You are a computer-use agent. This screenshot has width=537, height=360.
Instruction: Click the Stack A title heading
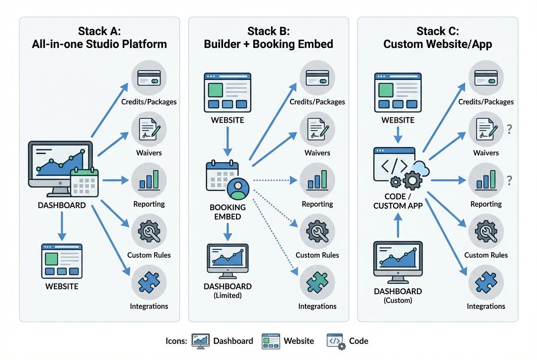pyautogui.click(x=99, y=37)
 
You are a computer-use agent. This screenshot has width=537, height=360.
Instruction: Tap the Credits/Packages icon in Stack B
pyautogui.click(x=317, y=78)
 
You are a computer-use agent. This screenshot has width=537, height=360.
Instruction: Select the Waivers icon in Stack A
pyautogui.click(x=149, y=129)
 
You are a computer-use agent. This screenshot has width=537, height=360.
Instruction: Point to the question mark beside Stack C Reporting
pyautogui.click(x=509, y=180)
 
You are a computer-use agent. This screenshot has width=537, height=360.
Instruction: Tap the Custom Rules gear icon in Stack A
pyautogui.click(x=149, y=232)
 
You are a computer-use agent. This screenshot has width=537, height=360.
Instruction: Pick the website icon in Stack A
pyautogui.click(x=62, y=261)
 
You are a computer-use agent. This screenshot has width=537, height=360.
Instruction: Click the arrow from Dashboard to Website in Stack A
pyautogui.click(x=62, y=225)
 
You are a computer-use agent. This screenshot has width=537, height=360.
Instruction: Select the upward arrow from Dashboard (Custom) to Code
pyautogui.click(x=398, y=225)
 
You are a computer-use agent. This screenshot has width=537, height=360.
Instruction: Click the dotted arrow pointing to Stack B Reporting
pyautogui.click(x=274, y=180)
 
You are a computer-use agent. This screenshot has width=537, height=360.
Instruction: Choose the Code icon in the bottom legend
pyautogui.click(x=335, y=340)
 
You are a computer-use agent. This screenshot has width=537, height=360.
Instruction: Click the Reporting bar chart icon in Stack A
pyautogui.click(x=149, y=180)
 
